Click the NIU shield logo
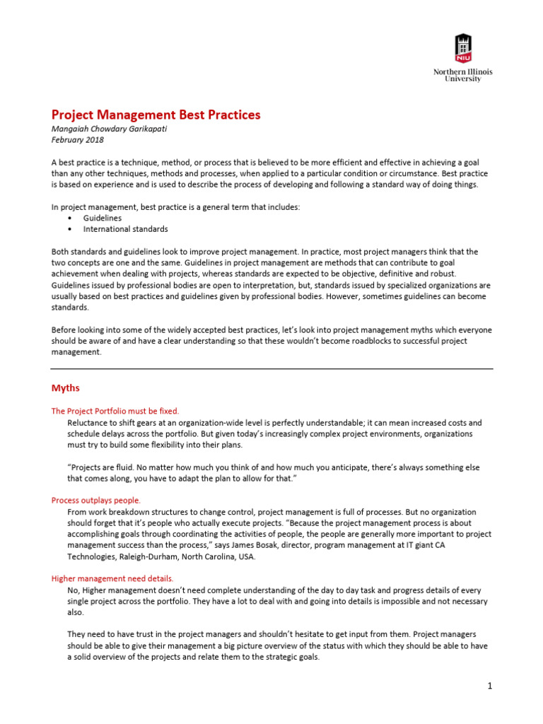point(462,48)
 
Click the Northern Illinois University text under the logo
point(462,76)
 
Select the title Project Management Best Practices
point(156,115)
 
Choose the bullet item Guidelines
point(103,218)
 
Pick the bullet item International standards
point(125,229)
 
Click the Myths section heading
point(65,388)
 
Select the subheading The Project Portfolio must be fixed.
point(115,411)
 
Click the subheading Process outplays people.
point(95,500)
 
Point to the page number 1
point(489,686)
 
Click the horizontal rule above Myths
point(271,368)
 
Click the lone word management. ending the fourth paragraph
point(76,352)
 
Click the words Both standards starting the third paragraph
point(81,252)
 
